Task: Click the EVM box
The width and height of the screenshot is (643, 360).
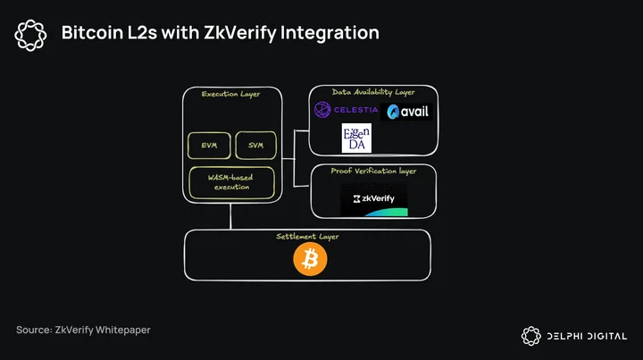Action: pyautogui.click(x=209, y=145)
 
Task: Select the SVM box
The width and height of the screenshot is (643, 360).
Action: pyautogui.click(x=256, y=145)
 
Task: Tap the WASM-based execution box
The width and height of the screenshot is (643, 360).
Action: pyautogui.click(x=231, y=182)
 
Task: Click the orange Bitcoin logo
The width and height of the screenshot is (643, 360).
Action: pyautogui.click(x=310, y=259)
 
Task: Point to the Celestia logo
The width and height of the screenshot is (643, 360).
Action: pyautogui.click(x=347, y=110)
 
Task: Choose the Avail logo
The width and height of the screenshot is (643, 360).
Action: pyautogui.click(x=406, y=112)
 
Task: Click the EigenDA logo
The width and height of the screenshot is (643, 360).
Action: pyautogui.click(x=356, y=138)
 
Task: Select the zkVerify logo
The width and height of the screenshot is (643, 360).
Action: pyautogui.click(x=374, y=199)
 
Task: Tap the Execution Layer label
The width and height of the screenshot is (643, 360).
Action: pyautogui.click(x=231, y=94)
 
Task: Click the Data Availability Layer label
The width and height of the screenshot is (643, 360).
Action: pyautogui.click(x=373, y=92)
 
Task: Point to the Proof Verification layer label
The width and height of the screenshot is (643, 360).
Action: pyautogui.click(x=373, y=171)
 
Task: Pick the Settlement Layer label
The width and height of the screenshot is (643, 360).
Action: pyautogui.click(x=307, y=237)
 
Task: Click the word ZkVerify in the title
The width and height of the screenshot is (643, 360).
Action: pyautogui.click(x=240, y=33)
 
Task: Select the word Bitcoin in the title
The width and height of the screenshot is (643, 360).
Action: pyautogui.click(x=92, y=32)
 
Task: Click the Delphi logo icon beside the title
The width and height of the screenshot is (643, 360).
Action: pyautogui.click(x=30, y=35)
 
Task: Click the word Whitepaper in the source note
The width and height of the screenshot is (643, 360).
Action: pyautogui.click(x=123, y=330)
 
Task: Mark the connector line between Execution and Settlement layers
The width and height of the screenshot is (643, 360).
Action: pyautogui.click(x=230, y=216)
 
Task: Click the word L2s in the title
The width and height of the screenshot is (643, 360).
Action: pyautogui.click(x=142, y=32)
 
